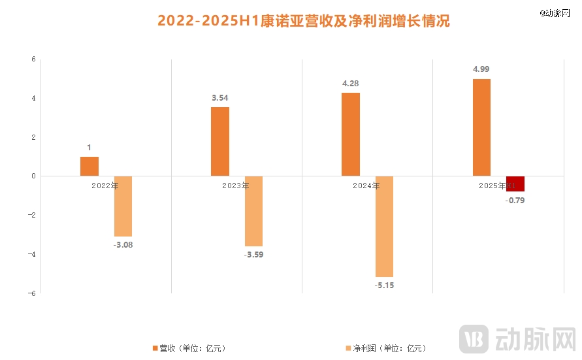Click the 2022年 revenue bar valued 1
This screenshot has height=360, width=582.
[89, 167]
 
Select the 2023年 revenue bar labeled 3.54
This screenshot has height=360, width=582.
[220, 142]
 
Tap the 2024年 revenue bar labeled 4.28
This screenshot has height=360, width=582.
[351, 135]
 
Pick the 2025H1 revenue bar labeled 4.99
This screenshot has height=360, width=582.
[481, 127]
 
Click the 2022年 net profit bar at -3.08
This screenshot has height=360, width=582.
[123, 206]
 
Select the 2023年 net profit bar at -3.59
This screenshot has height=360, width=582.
[253, 211]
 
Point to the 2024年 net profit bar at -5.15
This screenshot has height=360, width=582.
[384, 227]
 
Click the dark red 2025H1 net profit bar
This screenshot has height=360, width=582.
[515, 184]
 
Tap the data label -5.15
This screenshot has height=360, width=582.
[384, 285]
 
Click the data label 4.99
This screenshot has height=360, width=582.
[481, 69]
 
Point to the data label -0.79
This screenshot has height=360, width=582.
[515, 200]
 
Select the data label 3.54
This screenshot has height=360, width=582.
[220, 97]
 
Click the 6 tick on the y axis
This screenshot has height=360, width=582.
[33, 59]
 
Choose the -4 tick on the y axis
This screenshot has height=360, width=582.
[31, 254]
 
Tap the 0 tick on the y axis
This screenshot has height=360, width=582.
[33, 176]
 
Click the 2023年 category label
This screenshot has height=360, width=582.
[235, 186]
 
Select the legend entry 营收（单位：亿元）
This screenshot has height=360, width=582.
[189, 348]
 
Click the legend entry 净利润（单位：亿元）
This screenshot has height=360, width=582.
[385, 348]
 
